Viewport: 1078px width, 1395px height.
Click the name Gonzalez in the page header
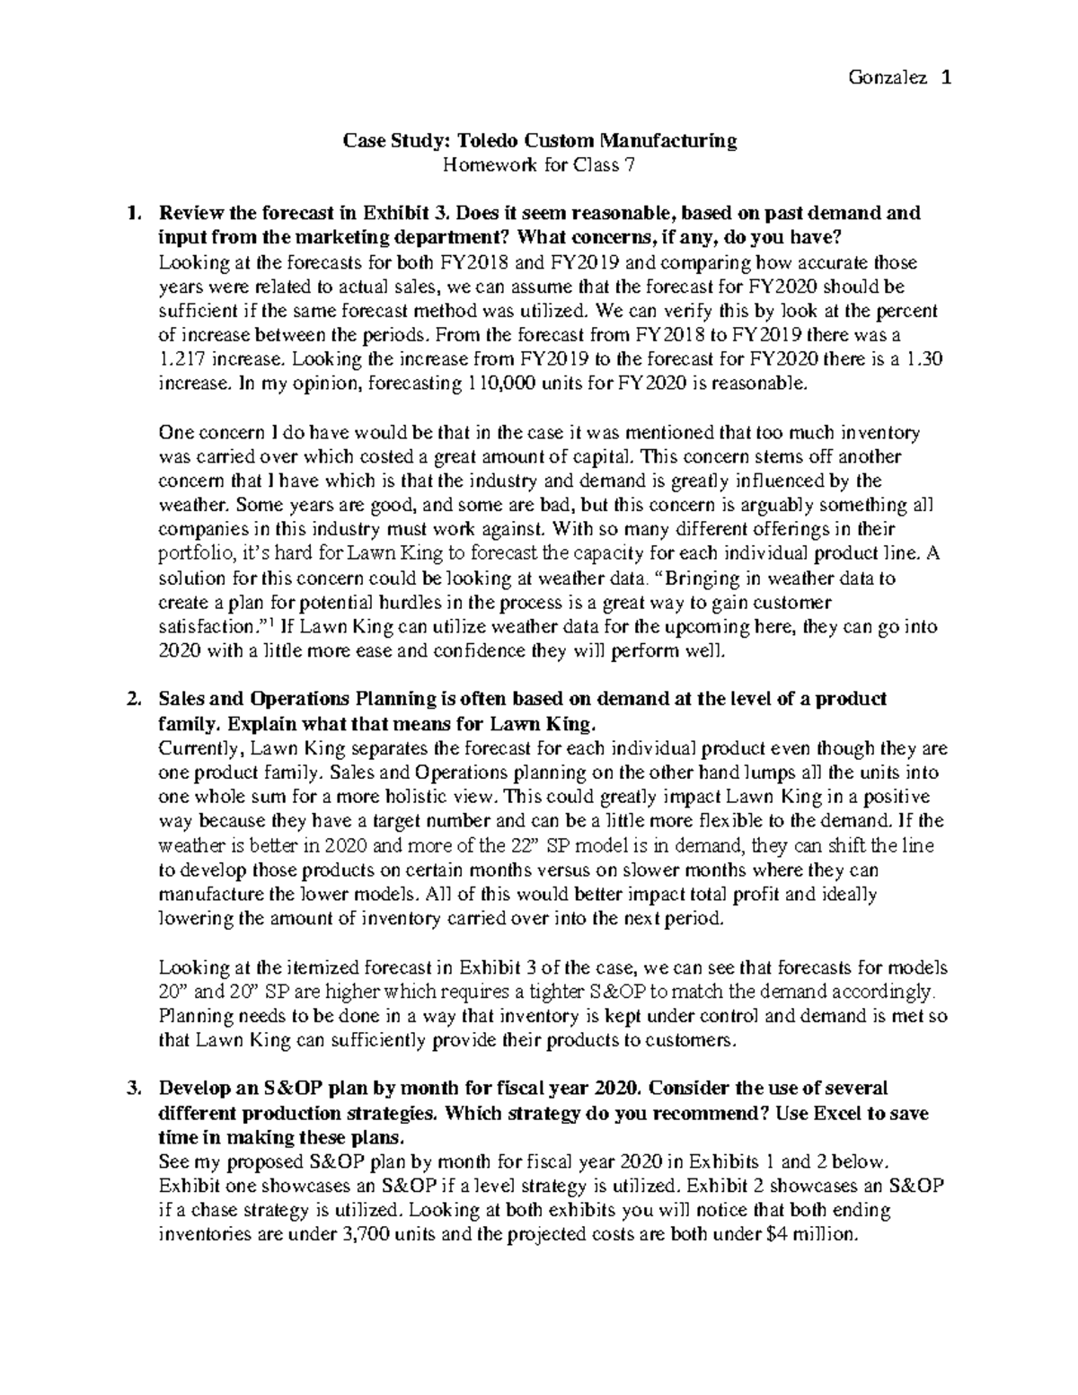884,78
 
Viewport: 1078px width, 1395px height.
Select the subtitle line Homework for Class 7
539,164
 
